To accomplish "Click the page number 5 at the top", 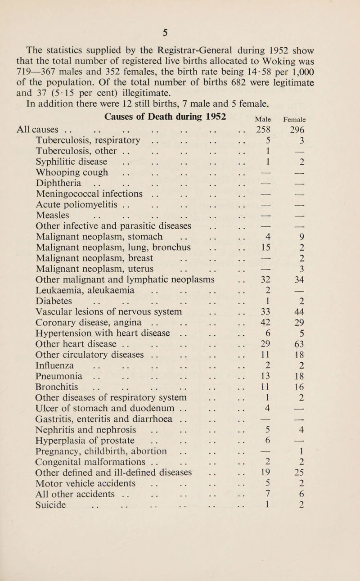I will click(x=179, y=19).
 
